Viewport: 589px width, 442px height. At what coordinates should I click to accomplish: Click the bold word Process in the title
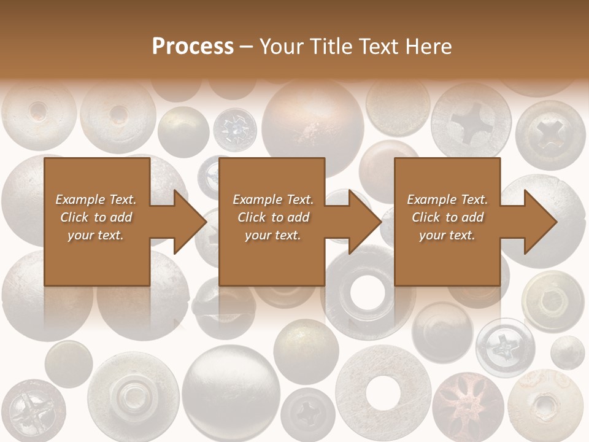coord(193,47)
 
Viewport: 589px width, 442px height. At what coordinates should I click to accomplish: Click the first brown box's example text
coord(96,217)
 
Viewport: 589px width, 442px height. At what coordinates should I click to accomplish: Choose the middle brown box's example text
coord(273,217)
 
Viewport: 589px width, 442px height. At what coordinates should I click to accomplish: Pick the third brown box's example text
coord(447,217)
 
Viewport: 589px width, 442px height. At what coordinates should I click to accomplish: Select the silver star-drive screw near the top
coord(234,130)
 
